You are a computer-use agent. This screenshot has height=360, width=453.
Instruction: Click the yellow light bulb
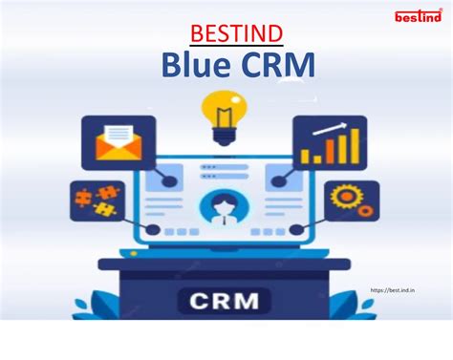[x=224, y=113]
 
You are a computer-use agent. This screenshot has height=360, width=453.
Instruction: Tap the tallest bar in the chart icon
[x=355, y=148]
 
